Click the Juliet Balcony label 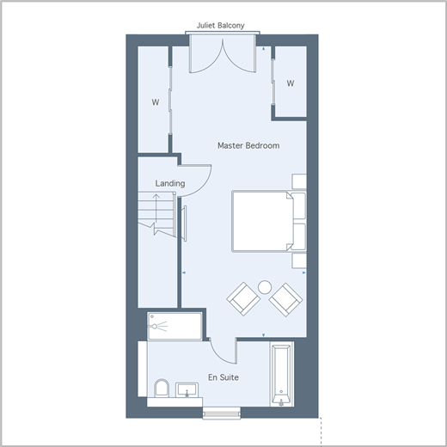click(x=220, y=26)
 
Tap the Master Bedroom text click(x=248, y=145)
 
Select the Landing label click(x=170, y=183)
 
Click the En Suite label click(x=223, y=377)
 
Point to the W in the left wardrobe click(x=156, y=102)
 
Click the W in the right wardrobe click(x=291, y=83)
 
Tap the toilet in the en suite click(x=162, y=389)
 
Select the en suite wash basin click(x=187, y=389)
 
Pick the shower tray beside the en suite click(x=175, y=327)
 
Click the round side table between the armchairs click(x=265, y=287)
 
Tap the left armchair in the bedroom click(x=243, y=299)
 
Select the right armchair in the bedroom click(x=285, y=299)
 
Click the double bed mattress click(x=262, y=222)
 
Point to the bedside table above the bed click(x=299, y=181)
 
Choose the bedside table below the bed click(x=299, y=260)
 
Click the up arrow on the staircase click(x=156, y=209)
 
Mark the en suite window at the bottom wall click(x=222, y=413)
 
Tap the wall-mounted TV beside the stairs click(x=184, y=223)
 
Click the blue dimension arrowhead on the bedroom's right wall click(x=304, y=272)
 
